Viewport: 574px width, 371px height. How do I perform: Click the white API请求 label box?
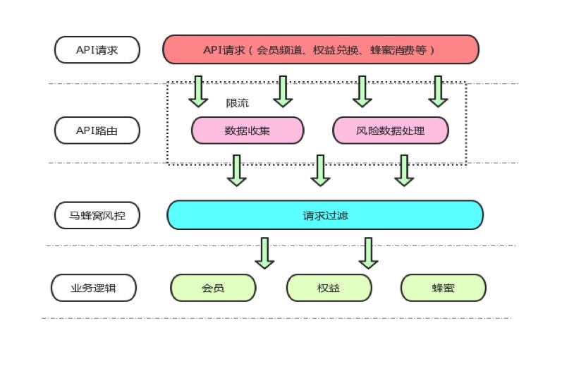[97, 50]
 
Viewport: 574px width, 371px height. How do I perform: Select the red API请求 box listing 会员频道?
[321, 50]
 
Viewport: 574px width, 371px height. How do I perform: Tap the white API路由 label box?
[97, 130]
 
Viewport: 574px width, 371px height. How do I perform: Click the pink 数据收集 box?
[248, 130]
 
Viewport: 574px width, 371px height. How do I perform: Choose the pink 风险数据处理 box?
[391, 130]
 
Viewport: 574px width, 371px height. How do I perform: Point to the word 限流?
[237, 103]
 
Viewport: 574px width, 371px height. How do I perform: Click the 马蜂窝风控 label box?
[97, 215]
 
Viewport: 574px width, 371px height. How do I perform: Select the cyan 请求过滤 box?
[325, 215]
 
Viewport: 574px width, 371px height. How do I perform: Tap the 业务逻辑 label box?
[94, 288]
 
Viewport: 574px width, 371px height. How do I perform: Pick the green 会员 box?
[213, 288]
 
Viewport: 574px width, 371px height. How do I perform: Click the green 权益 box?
[329, 288]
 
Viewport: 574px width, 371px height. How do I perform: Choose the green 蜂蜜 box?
[443, 288]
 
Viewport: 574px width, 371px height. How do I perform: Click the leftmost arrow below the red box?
[198, 91]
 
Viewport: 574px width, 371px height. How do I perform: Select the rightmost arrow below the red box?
[438, 91]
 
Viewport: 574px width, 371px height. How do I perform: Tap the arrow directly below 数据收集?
[237, 170]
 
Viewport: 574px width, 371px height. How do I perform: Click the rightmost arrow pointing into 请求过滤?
[404, 170]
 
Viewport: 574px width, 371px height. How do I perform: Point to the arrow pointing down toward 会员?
[264, 253]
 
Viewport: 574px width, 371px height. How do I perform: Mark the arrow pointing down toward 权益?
[368, 253]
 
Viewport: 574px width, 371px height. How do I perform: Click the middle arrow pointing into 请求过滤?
[321, 170]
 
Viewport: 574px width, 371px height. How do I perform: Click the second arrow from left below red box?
[283, 91]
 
